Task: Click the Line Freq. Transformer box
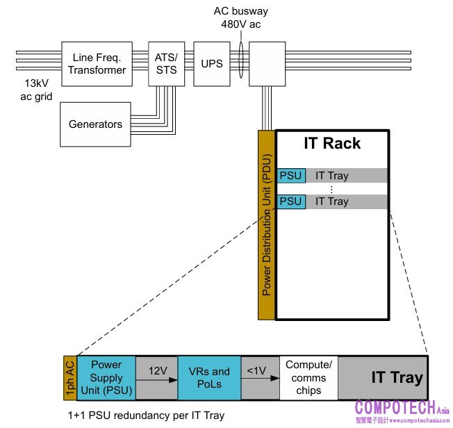(98, 63)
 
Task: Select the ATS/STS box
(165, 63)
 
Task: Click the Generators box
(95, 124)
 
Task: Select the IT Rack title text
(332, 144)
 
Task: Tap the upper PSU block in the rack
(290, 175)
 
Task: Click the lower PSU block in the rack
(290, 201)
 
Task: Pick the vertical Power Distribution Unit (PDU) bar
(267, 225)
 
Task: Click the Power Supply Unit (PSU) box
(106, 378)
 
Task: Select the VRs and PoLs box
(211, 378)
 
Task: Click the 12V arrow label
(156, 372)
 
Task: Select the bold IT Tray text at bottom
(397, 378)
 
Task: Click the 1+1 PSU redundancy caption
(147, 415)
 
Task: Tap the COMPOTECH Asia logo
(400, 410)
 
